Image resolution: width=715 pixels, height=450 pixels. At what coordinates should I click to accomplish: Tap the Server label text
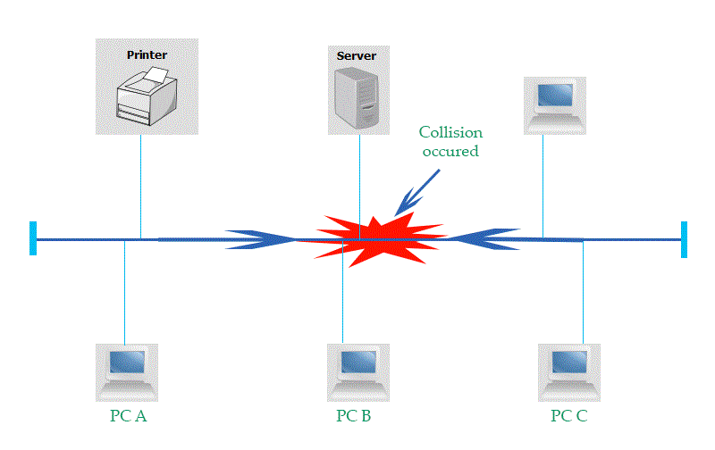pos(356,56)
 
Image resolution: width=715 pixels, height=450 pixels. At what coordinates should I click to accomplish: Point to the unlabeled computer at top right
pos(554,103)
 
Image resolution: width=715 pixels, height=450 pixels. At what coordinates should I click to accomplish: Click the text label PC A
pos(124,416)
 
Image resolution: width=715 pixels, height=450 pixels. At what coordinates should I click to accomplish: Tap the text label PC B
pos(357,416)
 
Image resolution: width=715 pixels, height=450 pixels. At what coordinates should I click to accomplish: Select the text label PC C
pos(569,416)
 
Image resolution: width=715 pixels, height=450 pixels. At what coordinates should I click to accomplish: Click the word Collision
pos(450,133)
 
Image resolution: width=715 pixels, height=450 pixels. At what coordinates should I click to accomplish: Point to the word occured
pos(450,152)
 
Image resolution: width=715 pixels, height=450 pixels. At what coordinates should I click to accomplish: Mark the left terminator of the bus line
pos(33,238)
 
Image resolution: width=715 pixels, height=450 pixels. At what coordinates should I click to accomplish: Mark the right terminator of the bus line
pos(684,239)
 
